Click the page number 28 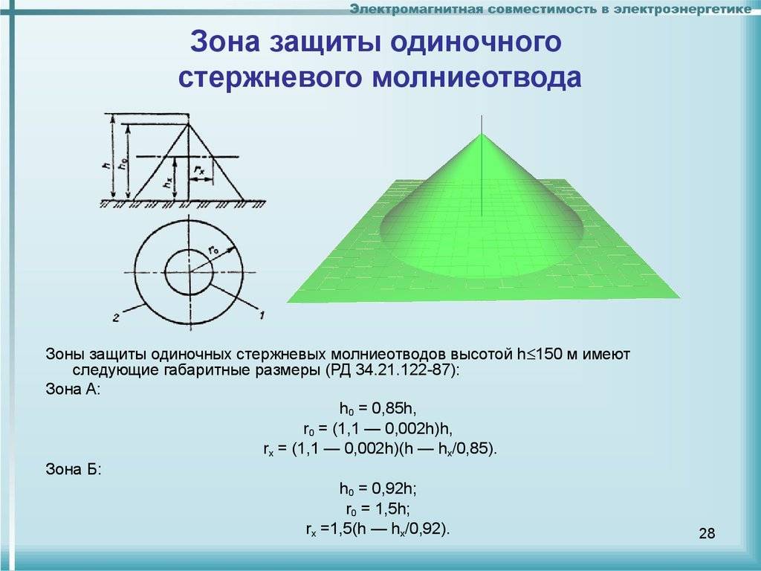pos(707,533)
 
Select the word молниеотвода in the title pos(476,77)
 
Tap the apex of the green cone pos(482,134)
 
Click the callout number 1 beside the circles pos(262,315)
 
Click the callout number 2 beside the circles pos(116,318)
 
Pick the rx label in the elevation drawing pos(199,170)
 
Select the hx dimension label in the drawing pos(167,184)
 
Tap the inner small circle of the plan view pos(165,272)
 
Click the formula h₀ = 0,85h pos(378,409)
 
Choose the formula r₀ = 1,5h pos(378,509)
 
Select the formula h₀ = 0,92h pos(378,488)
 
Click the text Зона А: pos(73,390)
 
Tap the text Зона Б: pos(74,470)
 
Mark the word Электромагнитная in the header pos(415,9)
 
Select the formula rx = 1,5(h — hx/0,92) pos(378,529)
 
